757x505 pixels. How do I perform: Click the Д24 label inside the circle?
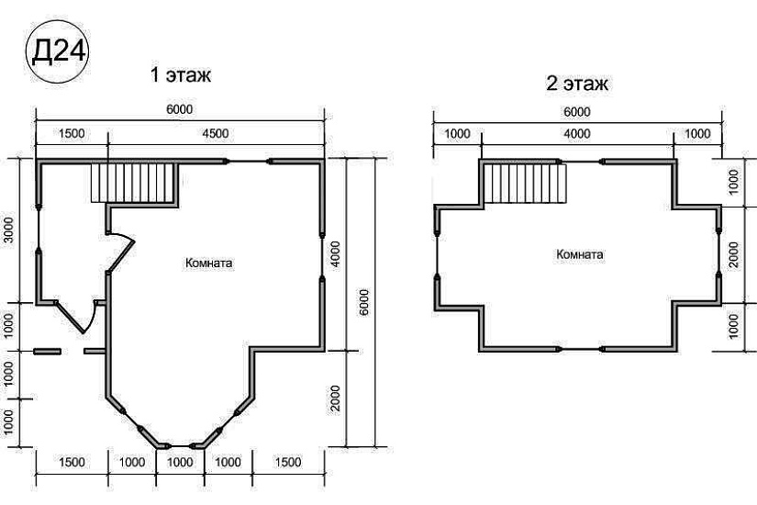pyautogui.click(x=59, y=50)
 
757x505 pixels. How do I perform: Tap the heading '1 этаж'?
pyautogui.click(x=181, y=75)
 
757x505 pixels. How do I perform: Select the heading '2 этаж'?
pyautogui.click(x=577, y=84)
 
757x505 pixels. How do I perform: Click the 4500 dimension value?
pyautogui.click(x=216, y=133)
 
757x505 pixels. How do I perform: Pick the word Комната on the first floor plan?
pyautogui.click(x=208, y=263)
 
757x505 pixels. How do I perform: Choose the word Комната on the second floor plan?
pyautogui.click(x=579, y=254)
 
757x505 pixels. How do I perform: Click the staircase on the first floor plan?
pyautogui.click(x=132, y=183)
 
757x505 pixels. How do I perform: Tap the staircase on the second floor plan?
pyautogui.click(x=525, y=183)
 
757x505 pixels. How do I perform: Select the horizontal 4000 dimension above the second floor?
pyautogui.click(x=577, y=133)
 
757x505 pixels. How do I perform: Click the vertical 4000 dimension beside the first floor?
pyautogui.click(x=336, y=255)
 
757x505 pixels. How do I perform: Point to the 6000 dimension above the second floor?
pyautogui.click(x=577, y=112)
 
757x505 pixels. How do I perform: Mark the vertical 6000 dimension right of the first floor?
pyautogui.click(x=363, y=302)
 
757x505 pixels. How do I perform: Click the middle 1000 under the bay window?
pyautogui.click(x=180, y=462)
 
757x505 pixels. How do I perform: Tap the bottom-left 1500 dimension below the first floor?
pyautogui.click(x=72, y=462)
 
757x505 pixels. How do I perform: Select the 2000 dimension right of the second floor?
pyautogui.click(x=733, y=255)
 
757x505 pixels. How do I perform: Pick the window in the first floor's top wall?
pyautogui.click(x=248, y=162)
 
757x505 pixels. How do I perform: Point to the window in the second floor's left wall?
pyautogui.click(x=438, y=254)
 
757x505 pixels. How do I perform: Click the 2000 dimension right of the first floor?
pyautogui.click(x=336, y=398)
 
